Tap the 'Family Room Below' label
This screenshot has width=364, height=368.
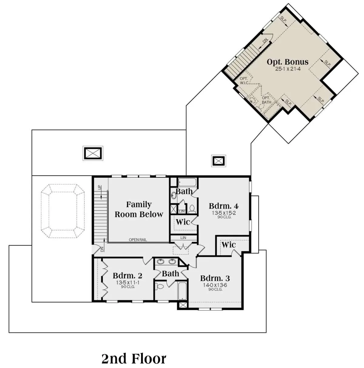pos(139,209)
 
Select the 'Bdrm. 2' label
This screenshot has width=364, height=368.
pos(127,276)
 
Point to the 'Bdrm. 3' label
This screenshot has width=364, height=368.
pos(215,278)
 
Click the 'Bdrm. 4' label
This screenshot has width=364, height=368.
pos(224,206)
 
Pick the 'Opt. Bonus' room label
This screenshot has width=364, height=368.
pos(288,62)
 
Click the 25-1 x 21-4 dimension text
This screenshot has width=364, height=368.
pos(288,69)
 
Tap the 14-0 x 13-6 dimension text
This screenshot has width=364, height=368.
pos(215,285)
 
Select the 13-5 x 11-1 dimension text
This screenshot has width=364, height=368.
pos(128,283)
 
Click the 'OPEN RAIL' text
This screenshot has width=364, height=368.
pos(138,240)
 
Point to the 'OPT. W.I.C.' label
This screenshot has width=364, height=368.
pos(244,81)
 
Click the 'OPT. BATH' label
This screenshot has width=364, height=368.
pos(266,100)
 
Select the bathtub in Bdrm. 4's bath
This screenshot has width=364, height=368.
pos(187,182)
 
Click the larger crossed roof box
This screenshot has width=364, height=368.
pos(93,153)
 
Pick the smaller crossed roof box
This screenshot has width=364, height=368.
pos(218,161)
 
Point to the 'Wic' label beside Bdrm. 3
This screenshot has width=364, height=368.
pos(229,245)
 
